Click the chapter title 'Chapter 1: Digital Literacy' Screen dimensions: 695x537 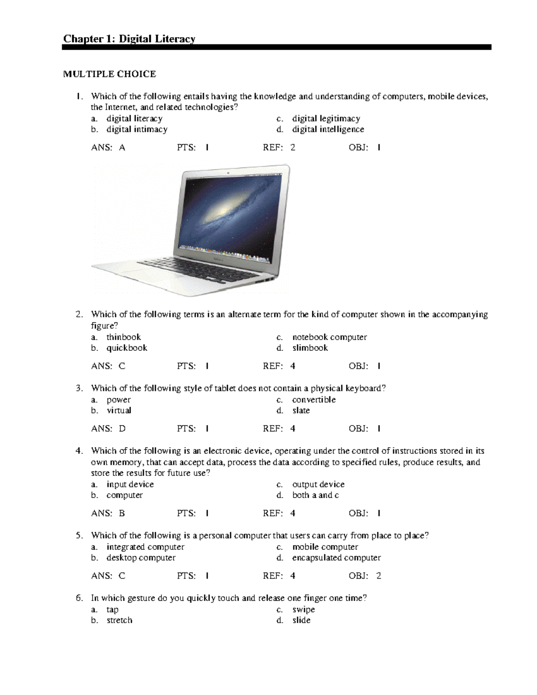129,39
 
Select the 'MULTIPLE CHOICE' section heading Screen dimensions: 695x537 109,74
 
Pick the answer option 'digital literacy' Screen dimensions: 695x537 134,119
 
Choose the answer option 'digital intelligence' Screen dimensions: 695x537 328,129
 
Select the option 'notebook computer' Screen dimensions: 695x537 329,337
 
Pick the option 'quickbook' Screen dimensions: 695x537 127,348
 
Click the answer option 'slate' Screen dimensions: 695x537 301,410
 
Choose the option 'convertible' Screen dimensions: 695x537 314,400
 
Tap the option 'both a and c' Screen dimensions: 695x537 315,495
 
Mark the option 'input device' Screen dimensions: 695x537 130,484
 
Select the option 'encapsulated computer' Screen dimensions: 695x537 336,558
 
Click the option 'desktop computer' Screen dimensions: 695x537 141,558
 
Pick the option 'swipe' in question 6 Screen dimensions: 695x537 303,610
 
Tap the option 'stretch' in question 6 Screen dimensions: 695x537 119,620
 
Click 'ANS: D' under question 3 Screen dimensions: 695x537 108,429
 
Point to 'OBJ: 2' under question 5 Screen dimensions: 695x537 365,576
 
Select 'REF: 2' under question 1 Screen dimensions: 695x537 279,148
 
